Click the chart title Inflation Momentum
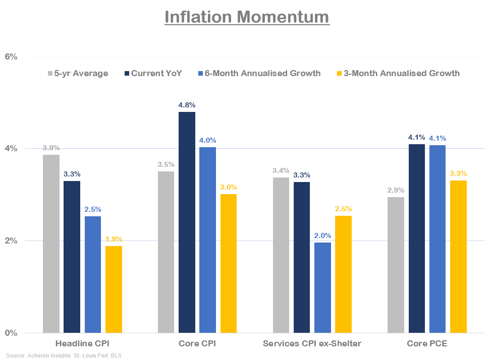tap(247, 17)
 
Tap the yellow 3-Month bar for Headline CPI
tap(114, 289)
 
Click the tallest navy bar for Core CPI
tap(187, 222)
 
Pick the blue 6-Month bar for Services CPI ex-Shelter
tap(323, 287)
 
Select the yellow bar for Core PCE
tap(458, 257)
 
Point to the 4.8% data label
tap(187, 105)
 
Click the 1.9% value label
tap(114, 239)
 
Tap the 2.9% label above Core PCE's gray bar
tap(396, 190)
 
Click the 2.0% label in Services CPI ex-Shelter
tap(323, 235)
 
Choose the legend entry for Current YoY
tap(153, 73)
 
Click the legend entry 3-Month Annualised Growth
tap(402, 73)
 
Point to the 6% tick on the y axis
tap(11, 56)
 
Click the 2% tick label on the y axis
tap(11, 241)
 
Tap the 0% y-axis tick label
tap(11, 333)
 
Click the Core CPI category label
tap(197, 344)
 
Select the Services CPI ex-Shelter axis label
tap(312, 344)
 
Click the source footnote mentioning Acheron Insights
tap(64, 355)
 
